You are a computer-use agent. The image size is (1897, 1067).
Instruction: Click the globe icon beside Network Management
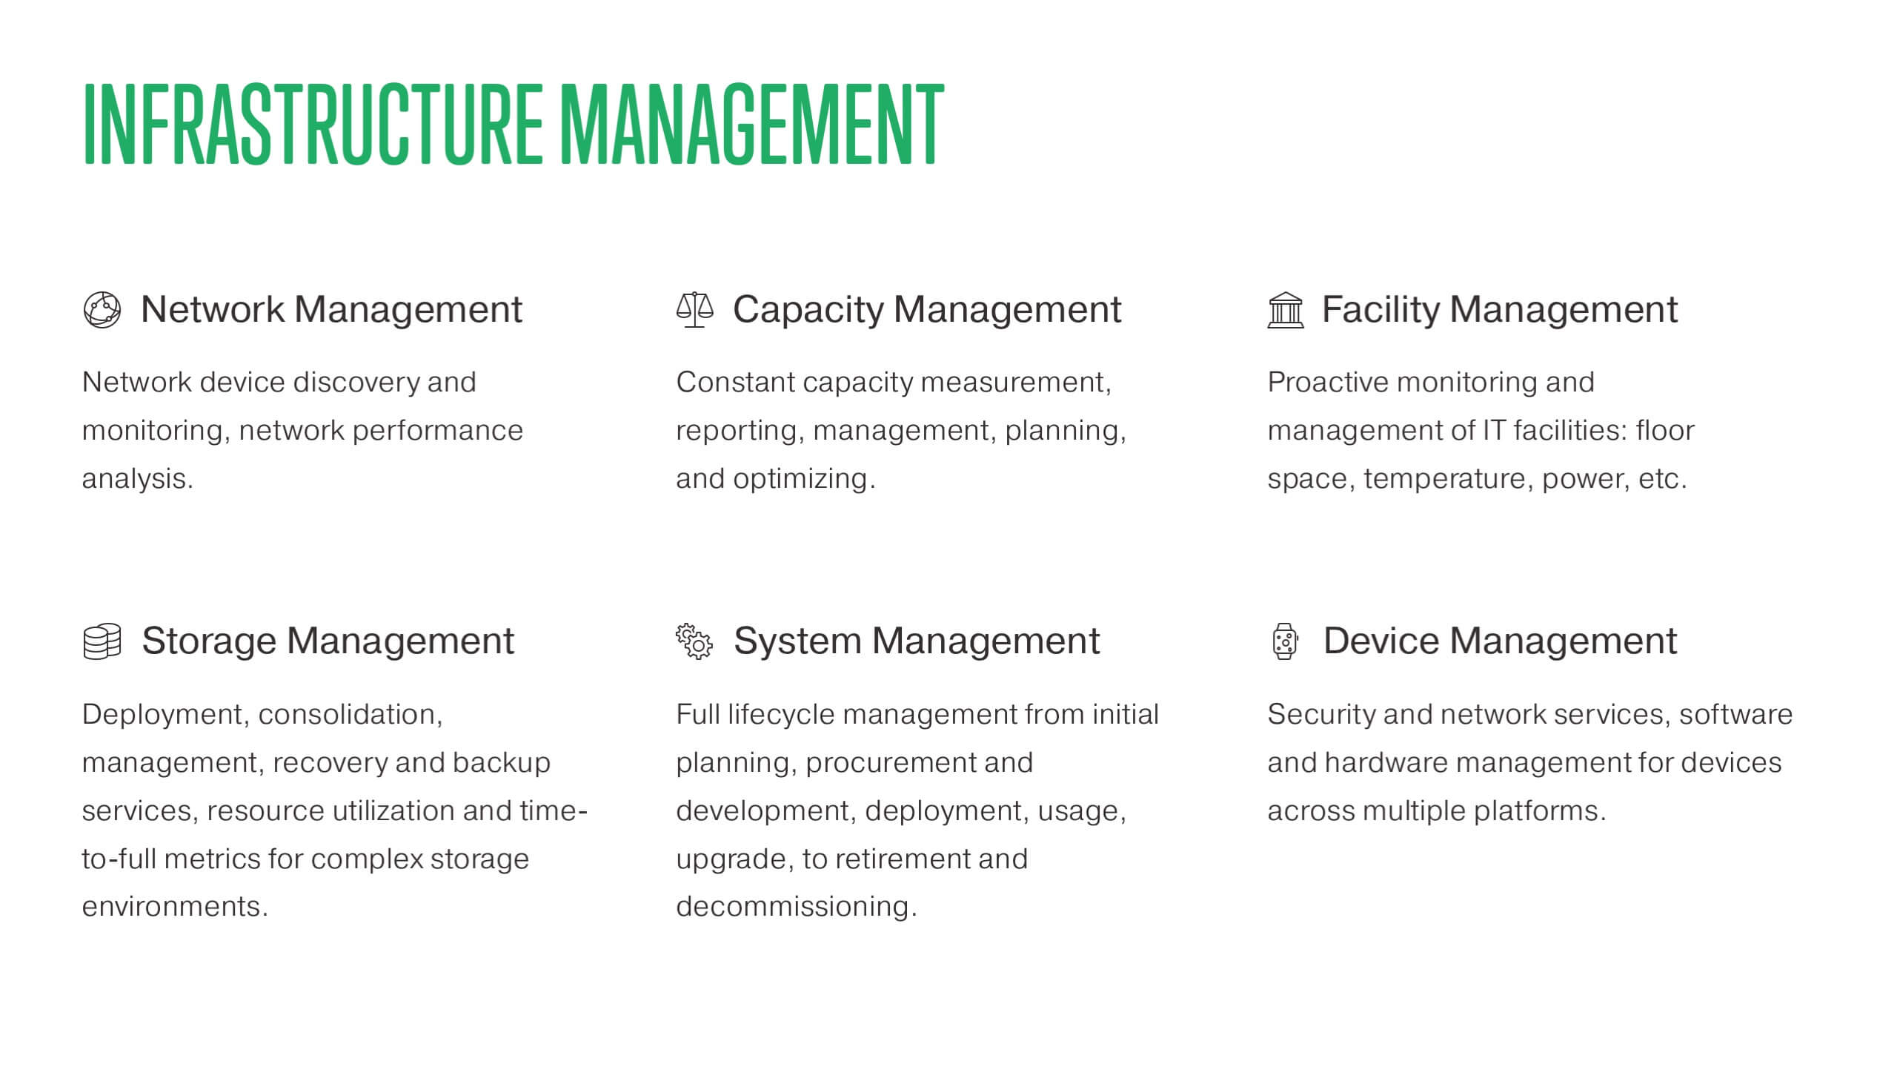(102, 309)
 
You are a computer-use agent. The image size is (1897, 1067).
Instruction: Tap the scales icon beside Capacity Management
(694, 310)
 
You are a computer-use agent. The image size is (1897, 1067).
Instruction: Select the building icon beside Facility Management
(1286, 310)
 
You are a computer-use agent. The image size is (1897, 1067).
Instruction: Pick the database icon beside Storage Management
(102, 641)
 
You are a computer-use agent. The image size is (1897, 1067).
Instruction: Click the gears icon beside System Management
(694, 641)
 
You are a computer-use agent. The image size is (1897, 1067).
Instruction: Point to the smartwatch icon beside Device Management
(1285, 641)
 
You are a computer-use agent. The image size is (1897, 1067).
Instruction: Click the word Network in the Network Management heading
(212, 309)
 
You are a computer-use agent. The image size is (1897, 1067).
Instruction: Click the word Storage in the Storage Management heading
(209, 641)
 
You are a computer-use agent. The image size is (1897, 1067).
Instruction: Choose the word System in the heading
(797, 641)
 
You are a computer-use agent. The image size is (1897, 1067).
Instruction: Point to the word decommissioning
(796, 907)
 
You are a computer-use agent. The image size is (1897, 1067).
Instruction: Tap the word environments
(174, 907)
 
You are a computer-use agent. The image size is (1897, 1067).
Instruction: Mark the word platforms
(1539, 811)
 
